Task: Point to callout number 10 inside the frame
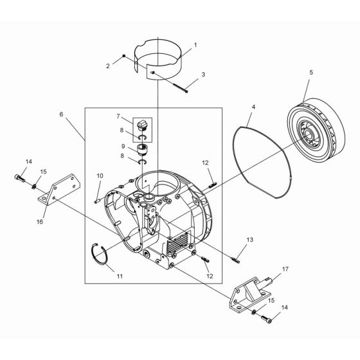[x=100, y=175]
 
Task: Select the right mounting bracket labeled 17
[x=248, y=294]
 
